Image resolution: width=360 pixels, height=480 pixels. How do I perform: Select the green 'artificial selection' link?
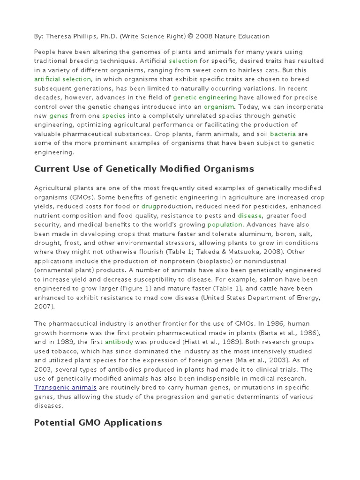[63, 79]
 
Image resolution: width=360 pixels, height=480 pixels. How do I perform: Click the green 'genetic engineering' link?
[205, 97]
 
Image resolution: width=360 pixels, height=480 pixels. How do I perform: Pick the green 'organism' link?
[218, 106]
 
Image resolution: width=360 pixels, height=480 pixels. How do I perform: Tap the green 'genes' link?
[59, 116]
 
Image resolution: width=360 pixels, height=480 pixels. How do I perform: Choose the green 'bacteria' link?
[283, 134]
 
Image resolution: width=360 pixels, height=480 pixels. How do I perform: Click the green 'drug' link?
[149, 206]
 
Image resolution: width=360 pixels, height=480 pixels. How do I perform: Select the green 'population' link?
[225, 225]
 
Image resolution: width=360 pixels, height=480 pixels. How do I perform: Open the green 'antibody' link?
[119, 342]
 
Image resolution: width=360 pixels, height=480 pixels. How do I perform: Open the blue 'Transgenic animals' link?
[65, 388]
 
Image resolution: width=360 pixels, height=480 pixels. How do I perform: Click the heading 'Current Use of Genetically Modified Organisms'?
[144, 169]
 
